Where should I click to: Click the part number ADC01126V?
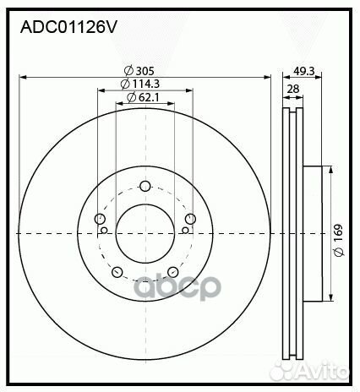coord(68,27)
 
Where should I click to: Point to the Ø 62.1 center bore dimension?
coord(144,99)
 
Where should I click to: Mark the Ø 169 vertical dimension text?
coord(339,233)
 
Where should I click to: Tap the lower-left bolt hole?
coord(117,271)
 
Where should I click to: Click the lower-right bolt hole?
coord(172,271)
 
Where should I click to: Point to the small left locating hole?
coord(104,229)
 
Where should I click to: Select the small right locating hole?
coord(185,229)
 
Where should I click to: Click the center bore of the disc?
coord(145,232)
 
